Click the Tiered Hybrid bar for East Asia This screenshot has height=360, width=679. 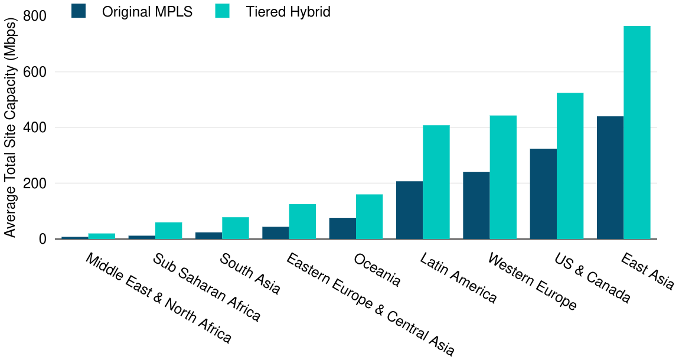coord(636,133)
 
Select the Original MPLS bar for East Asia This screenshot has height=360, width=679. coord(610,178)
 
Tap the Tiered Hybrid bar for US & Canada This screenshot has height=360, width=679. coord(570,166)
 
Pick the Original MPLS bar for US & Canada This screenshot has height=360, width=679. coord(543,194)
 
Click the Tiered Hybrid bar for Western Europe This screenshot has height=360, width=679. coord(503,177)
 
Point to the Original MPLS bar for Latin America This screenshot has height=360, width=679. coord(409,210)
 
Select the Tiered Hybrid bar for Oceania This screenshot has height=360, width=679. coord(369,217)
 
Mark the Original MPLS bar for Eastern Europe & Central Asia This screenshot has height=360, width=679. coord(275,233)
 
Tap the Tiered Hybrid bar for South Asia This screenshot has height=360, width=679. coord(235,228)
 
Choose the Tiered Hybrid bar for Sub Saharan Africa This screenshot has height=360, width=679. coord(168,231)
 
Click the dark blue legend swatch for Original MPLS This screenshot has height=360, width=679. coord(79,11)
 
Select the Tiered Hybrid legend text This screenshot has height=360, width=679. coord(288,12)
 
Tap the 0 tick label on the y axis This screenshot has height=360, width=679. coord(43,240)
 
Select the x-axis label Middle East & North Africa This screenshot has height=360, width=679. coord(158,299)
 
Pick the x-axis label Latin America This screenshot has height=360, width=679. coord(458,278)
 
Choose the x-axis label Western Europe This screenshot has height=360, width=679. coord(532,282)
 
